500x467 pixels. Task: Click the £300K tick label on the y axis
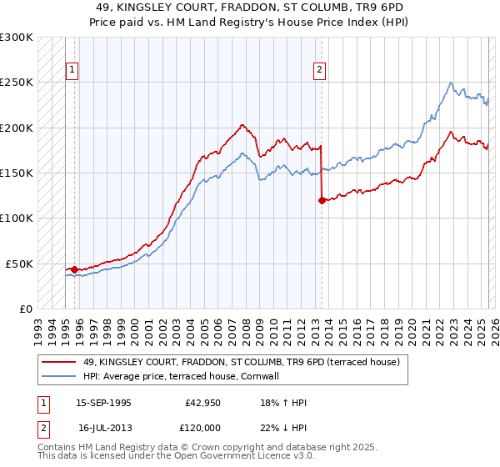[17, 38]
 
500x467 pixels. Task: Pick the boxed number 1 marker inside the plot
[72, 71]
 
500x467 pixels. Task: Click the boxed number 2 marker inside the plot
[320, 71]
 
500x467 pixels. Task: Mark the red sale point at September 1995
[75, 269]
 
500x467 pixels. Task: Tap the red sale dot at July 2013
[322, 200]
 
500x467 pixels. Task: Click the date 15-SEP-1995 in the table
[103, 403]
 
